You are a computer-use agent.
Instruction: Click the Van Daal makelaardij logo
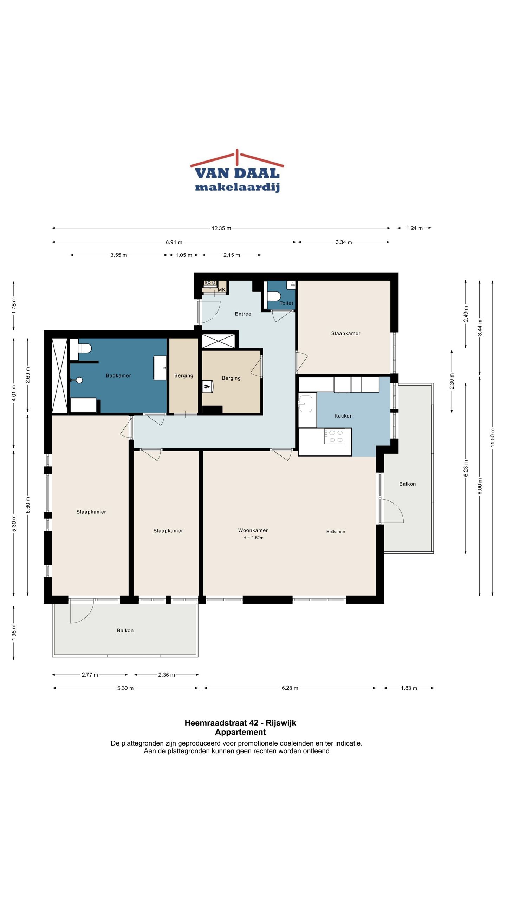point(237,171)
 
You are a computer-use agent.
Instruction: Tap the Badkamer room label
point(118,375)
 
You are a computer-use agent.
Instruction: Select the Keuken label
point(343,416)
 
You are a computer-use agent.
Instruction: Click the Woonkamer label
point(253,530)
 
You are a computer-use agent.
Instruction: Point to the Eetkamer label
point(336,531)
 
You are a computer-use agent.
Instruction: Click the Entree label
point(243,314)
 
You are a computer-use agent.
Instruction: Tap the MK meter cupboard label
point(221,290)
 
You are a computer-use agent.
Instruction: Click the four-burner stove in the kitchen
point(335,437)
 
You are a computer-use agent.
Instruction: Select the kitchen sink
point(305,404)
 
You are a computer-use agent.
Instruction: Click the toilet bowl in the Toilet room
point(274,296)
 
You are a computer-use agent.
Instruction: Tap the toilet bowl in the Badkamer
point(85,348)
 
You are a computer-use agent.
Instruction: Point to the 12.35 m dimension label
point(221,228)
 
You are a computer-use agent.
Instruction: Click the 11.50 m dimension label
point(493,438)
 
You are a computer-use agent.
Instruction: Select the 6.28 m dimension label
point(290,688)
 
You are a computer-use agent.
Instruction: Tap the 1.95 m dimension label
point(14,632)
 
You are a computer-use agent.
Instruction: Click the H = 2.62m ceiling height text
point(253,538)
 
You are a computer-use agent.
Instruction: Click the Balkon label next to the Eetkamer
point(407,484)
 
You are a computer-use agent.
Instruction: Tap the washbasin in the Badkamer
point(160,368)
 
